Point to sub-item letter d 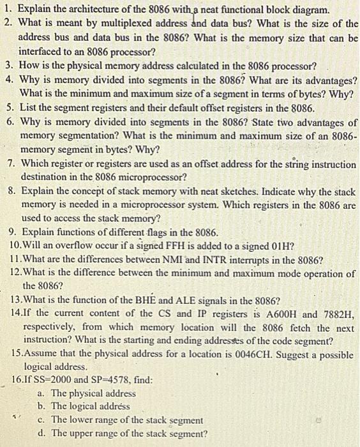41,434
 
